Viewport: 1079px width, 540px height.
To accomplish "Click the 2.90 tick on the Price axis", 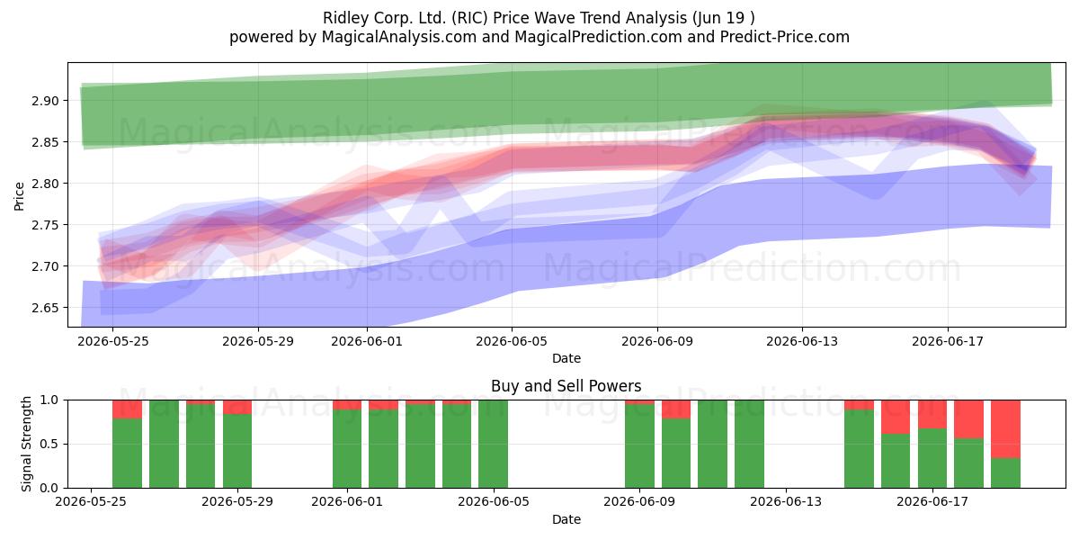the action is tap(45, 101).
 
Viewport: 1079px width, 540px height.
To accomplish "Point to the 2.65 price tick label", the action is tap(45, 308).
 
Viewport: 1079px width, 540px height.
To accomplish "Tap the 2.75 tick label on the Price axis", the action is tap(45, 225).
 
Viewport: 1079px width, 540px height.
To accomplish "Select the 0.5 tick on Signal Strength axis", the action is tap(49, 444).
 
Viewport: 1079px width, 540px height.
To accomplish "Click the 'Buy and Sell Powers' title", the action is tap(566, 386).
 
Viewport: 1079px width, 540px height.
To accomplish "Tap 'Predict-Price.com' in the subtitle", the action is tap(785, 37).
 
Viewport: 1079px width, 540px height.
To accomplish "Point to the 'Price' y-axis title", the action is tap(19, 196).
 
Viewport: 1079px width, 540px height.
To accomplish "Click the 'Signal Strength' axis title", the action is tap(26, 444).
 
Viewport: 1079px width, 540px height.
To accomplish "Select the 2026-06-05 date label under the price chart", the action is tap(512, 341).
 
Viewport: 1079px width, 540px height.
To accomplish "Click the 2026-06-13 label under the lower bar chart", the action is tap(786, 501).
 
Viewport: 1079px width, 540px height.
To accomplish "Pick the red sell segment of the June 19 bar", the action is tap(1006, 429).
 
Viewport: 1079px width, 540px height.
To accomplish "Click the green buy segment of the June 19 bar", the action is tap(1006, 473).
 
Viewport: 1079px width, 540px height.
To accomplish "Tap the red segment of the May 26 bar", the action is tap(127, 409).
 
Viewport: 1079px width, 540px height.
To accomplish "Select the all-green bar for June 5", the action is tap(494, 444).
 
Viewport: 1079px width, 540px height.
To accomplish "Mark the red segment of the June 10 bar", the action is tap(676, 409).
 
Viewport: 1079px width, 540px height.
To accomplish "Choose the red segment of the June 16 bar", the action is tap(896, 417).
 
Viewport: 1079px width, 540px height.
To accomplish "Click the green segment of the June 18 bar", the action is tap(968, 463).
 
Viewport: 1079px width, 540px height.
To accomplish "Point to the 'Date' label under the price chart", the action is tap(566, 358).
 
